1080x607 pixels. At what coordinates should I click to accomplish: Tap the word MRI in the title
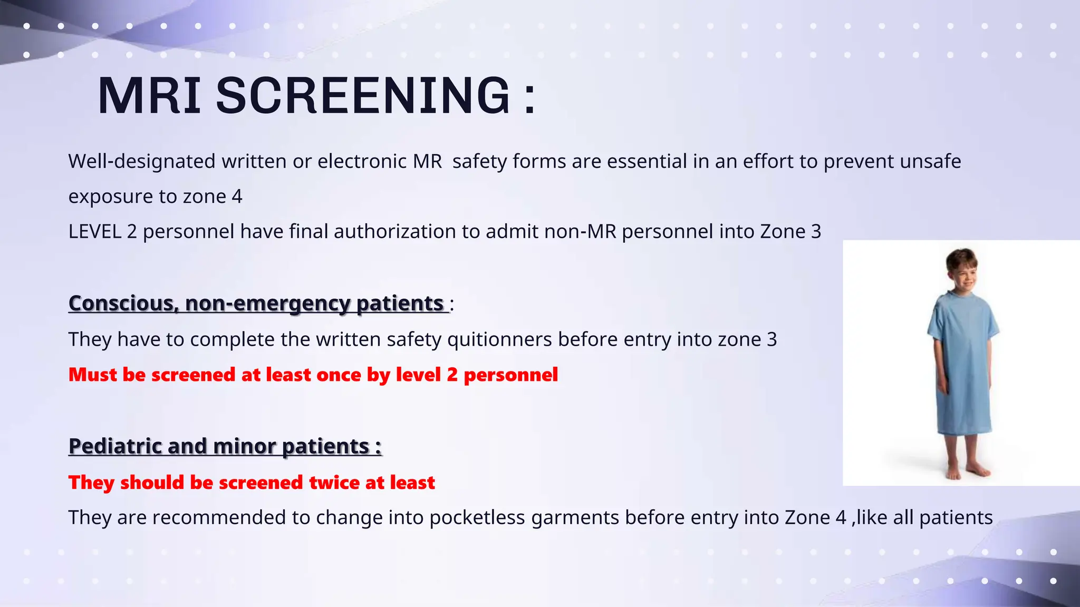[x=149, y=95]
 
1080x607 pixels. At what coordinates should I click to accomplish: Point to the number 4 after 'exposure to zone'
[x=237, y=197]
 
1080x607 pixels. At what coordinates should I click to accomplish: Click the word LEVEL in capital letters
[x=95, y=231]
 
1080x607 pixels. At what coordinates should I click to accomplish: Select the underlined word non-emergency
[x=268, y=303]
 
